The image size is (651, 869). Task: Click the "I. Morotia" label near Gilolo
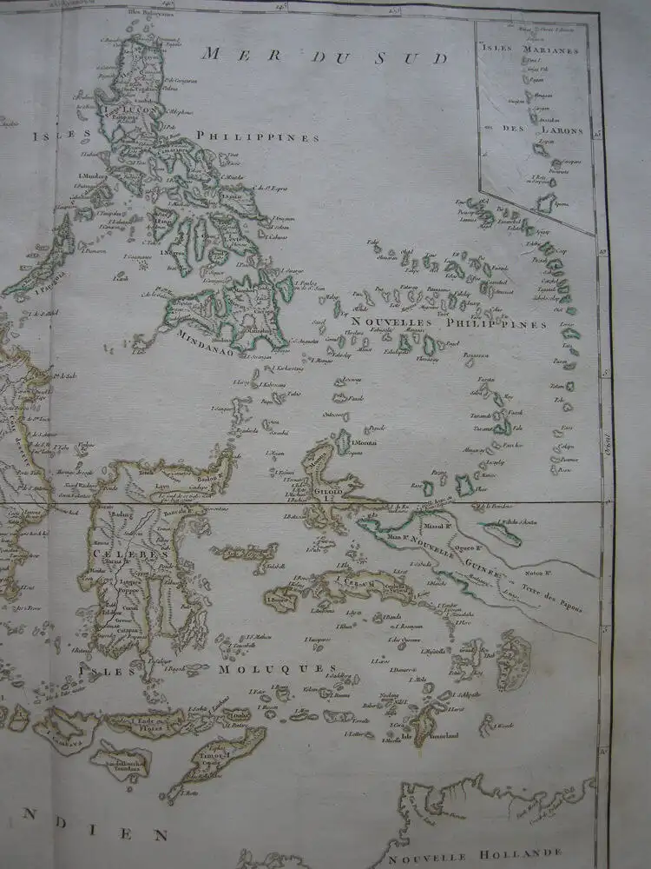click(366, 443)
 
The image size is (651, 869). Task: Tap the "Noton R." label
click(539, 575)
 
